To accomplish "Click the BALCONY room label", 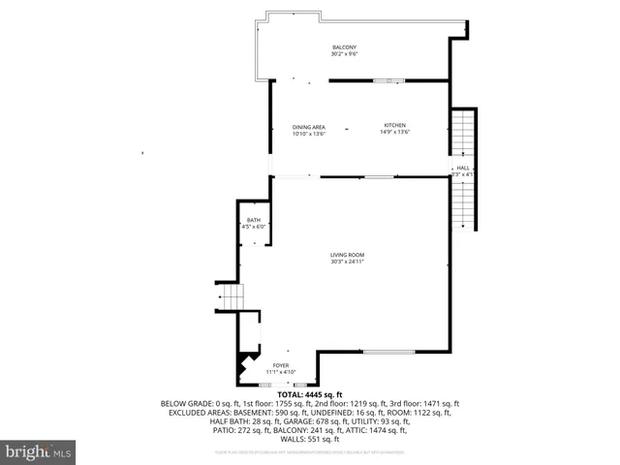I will [344, 47].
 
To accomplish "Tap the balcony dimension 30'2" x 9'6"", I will [344, 54].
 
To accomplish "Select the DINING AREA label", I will [309, 127].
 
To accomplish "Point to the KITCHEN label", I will [396, 126].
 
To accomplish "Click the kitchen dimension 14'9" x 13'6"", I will [396, 133].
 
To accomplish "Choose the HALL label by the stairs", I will [463, 168].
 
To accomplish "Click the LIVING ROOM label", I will [347, 255].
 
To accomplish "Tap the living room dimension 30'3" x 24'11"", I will [347, 262].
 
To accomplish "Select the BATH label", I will [253, 220].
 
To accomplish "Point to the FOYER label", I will [280, 365].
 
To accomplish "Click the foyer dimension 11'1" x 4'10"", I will [280, 372].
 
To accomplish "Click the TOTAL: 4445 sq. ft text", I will [310, 395].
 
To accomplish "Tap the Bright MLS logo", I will [39, 451].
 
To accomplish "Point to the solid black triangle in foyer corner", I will [242, 369].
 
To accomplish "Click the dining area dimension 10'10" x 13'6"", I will [309, 134].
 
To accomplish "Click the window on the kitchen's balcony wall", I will [388, 80].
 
